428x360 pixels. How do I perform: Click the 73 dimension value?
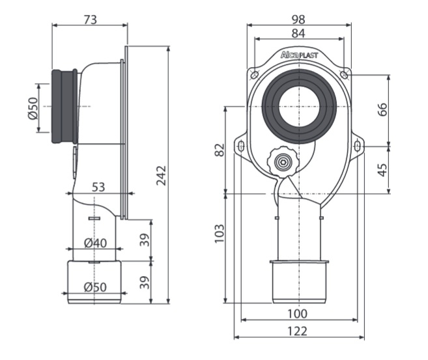(x=90, y=20)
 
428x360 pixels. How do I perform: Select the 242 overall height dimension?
(x=162, y=174)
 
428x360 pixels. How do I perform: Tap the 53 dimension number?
(x=98, y=187)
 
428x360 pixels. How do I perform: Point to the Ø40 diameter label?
(x=96, y=243)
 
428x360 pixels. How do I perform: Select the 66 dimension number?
(x=383, y=109)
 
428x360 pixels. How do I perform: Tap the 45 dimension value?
(x=383, y=169)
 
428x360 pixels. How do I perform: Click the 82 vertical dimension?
(x=220, y=150)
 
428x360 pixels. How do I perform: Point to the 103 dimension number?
(x=220, y=231)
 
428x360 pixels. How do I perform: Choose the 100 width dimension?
(x=297, y=314)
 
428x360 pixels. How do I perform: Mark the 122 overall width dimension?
(x=297, y=331)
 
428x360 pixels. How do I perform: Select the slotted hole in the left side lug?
(x=241, y=146)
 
